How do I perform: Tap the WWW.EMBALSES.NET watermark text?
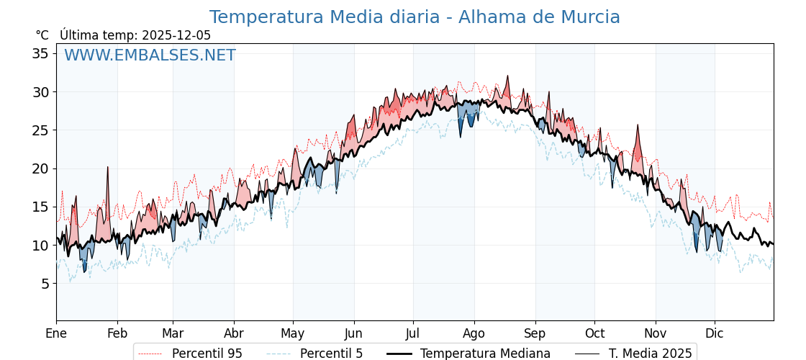coord(150,55)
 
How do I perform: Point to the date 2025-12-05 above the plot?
coord(176,35)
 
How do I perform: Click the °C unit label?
coord(42,35)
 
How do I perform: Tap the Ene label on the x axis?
coord(56,333)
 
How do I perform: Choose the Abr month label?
coord(234,333)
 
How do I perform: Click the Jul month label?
coord(413,333)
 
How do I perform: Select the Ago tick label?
coord(474,333)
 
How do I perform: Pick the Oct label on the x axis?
coord(595,333)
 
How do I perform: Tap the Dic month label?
coord(715,333)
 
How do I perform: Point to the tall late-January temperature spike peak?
coord(108,167)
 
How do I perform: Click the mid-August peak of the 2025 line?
coord(507,76)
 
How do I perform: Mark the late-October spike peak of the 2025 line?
coord(638,125)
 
